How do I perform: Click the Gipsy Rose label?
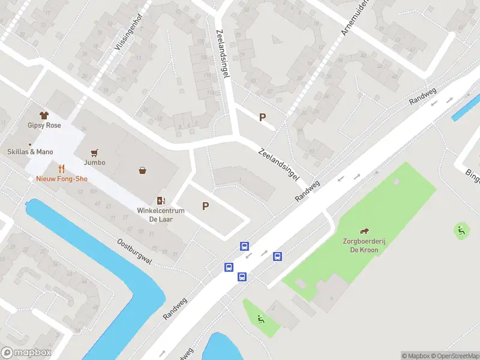coord(44,125)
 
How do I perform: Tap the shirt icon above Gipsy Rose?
coord(44,115)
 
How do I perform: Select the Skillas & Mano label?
coord(31,152)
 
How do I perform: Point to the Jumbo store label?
coord(94,163)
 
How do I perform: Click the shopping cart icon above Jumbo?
coord(94,152)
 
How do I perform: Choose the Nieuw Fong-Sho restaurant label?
coord(61,179)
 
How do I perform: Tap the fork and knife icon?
coord(61,169)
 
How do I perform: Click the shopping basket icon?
coord(143,170)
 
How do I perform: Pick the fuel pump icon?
coord(160,200)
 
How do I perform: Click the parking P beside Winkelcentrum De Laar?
coord(205,206)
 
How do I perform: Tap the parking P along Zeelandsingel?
coord(262,118)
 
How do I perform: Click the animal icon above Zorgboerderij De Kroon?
coord(364,231)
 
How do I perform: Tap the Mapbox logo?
coord(26,352)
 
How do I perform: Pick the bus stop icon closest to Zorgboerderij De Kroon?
coord(277,257)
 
